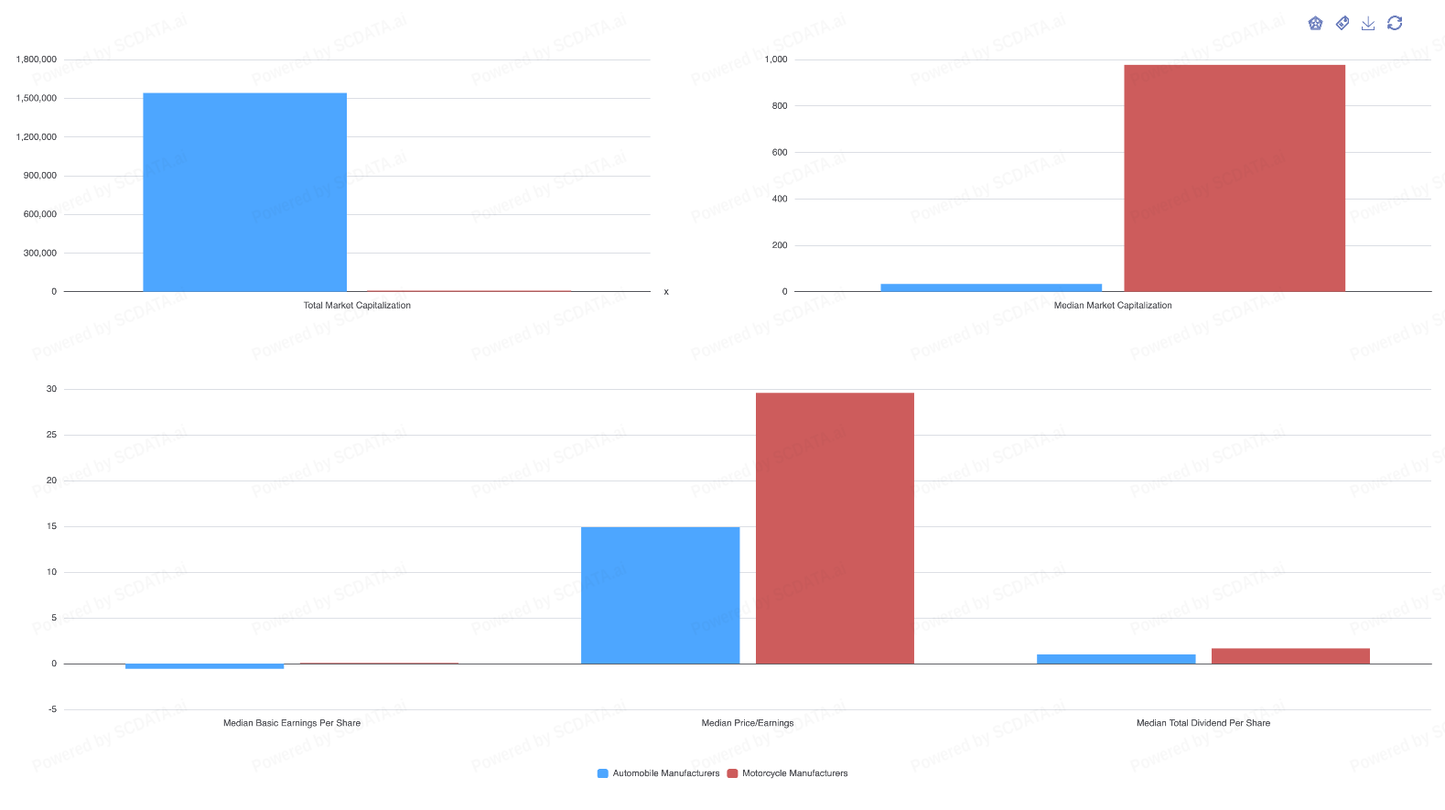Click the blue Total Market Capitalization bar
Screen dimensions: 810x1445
point(244,192)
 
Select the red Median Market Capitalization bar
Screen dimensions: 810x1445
point(1235,178)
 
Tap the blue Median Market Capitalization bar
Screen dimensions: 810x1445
point(991,287)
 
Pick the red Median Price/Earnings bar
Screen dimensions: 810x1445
point(835,528)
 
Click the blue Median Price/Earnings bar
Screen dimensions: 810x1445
point(660,595)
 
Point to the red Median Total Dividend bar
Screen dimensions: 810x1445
point(1290,655)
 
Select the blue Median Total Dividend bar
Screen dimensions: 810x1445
point(1116,659)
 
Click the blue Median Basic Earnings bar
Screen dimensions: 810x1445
point(204,666)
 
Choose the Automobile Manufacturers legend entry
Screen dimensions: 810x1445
point(658,773)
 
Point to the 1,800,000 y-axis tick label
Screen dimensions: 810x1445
point(37,59)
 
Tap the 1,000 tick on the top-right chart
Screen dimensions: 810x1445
point(776,59)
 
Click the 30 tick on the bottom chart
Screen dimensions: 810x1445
point(51,389)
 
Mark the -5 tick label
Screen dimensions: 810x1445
point(51,709)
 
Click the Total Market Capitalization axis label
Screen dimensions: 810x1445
point(357,306)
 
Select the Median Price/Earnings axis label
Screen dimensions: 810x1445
point(748,723)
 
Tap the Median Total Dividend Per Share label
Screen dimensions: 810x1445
point(1203,723)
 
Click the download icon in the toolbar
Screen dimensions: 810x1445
point(1368,24)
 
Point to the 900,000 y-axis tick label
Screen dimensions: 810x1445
point(40,176)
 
